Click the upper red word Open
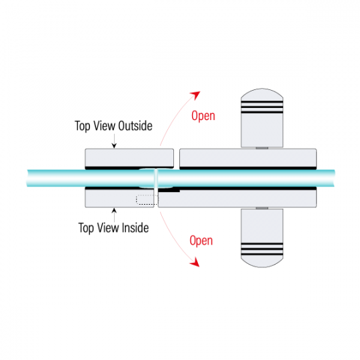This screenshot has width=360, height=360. (203, 116)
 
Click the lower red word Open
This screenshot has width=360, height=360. (201, 241)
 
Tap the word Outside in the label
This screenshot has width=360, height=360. (135, 126)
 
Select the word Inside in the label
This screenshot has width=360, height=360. (135, 228)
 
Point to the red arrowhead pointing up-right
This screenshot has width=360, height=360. (195, 95)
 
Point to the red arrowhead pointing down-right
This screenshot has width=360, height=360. (195, 262)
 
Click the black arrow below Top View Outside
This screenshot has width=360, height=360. (114, 141)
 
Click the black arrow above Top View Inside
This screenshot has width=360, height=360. (114, 215)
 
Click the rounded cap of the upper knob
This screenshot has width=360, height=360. (262, 94)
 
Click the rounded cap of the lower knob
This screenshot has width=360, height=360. (262, 262)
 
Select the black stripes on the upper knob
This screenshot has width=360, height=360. (262, 107)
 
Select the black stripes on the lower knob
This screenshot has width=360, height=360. (262, 249)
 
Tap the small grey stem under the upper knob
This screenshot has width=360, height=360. (262, 148)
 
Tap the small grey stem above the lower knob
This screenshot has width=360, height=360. (262, 208)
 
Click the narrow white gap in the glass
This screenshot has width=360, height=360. (156, 178)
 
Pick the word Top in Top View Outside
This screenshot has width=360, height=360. (82, 126)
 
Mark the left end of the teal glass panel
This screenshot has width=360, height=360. (27, 178)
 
